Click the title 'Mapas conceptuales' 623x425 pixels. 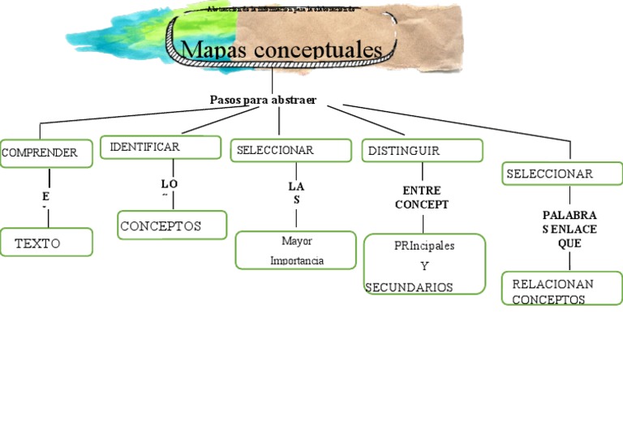coord(281,50)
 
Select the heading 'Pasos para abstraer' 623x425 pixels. coord(263,100)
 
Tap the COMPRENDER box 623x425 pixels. coord(46,152)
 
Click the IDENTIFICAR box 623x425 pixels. coord(161,147)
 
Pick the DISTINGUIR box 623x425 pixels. coord(422,151)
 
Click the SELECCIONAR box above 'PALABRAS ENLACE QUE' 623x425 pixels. coord(562,174)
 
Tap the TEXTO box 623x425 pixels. coord(46,243)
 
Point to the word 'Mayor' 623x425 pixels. coord(296,241)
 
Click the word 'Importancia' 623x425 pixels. coord(296,260)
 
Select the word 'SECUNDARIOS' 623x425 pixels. coord(409,287)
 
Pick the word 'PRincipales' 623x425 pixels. coord(424,246)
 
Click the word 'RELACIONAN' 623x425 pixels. coord(552,284)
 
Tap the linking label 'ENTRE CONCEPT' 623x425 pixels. coord(422,197)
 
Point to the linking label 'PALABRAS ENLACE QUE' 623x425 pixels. coord(569,229)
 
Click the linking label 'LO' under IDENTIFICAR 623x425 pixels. coord(169,185)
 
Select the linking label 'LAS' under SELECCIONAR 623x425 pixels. coord(296,192)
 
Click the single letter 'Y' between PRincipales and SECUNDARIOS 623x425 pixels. coord(424,266)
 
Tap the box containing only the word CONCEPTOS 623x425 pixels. coord(172,225)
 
